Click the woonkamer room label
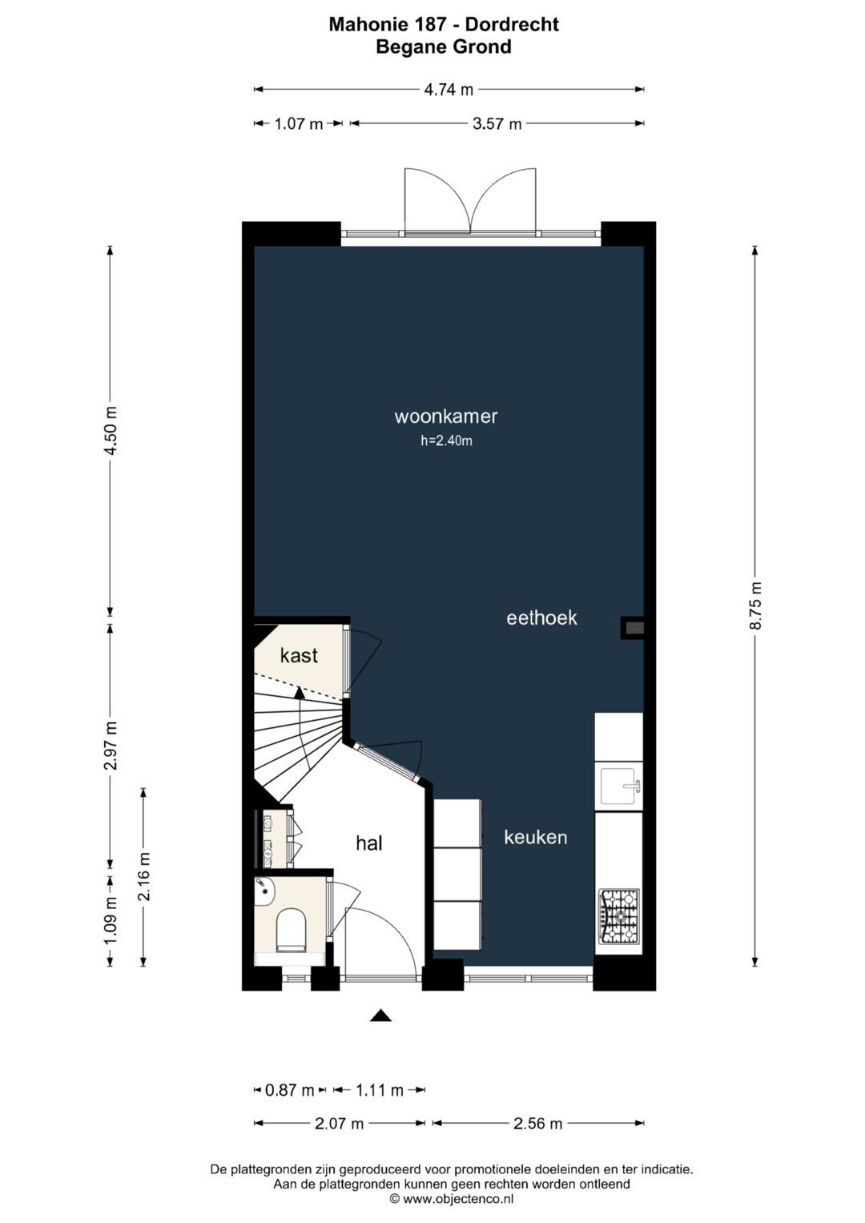(x=445, y=416)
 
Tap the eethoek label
(x=541, y=618)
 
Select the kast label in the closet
(x=299, y=655)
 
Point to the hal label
(x=368, y=843)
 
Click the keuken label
(x=535, y=837)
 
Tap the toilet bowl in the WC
(x=289, y=930)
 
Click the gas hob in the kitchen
(x=618, y=917)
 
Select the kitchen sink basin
(x=618, y=787)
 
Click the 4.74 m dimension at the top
(x=449, y=90)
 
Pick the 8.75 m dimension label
(x=755, y=605)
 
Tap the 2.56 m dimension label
(x=537, y=1123)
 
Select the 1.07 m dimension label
(x=298, y=124)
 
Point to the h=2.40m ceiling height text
(x=446, y=441)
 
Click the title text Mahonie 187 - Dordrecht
(x=444, y=25)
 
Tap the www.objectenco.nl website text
(x=457, y=1199)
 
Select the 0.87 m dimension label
(x=289, y=1090)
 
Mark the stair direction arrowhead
(x=299, y=692)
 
